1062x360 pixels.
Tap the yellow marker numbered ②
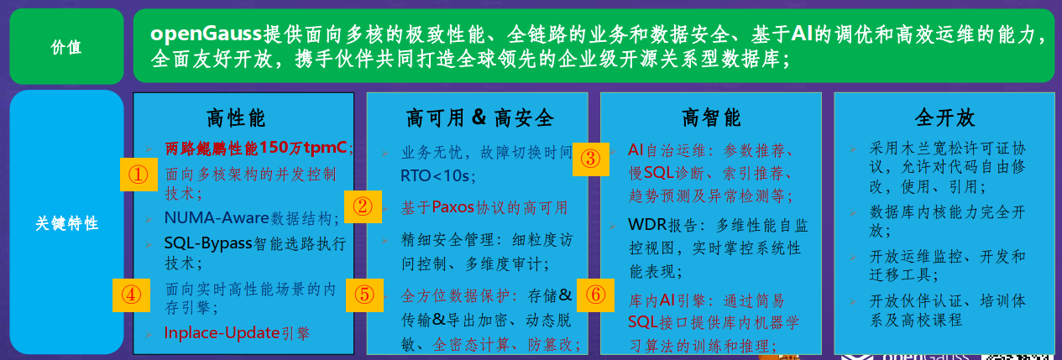tap(363, 206)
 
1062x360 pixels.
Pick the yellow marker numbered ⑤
tap(364, 295)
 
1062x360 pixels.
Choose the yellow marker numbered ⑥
tap(594, 295)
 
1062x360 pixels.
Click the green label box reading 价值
tap(66, 47)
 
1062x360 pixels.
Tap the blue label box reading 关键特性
tap(66, 223)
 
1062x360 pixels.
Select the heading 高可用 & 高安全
tap(479, 117)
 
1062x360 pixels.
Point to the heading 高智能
tap(710, 117)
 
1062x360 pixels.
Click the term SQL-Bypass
tap(202, 243)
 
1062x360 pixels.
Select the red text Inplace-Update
tap(221, 332)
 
